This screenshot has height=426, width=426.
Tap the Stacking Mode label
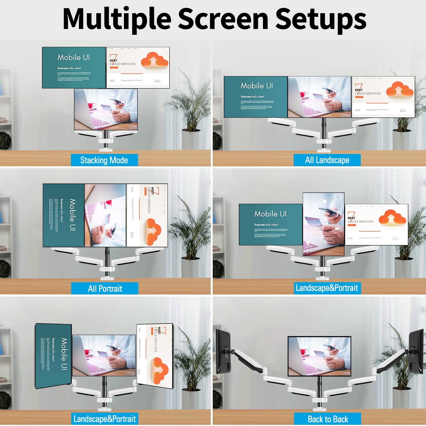104,160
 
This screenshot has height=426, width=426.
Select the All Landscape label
327,160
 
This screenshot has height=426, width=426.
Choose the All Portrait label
105,289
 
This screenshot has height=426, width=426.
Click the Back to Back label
328,419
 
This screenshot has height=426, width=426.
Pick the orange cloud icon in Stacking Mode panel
154,60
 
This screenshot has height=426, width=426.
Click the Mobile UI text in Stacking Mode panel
74,58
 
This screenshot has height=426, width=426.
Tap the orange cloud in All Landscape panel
400,89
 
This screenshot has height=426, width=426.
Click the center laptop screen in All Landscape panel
319,97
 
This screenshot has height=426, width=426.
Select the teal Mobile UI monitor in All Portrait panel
64,215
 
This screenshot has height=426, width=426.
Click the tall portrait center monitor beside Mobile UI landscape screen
323,224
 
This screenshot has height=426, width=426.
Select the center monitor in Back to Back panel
319,356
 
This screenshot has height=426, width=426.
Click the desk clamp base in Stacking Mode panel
106,142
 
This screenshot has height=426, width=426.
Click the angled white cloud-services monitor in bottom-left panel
155,356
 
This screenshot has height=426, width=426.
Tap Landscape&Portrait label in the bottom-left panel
105,419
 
